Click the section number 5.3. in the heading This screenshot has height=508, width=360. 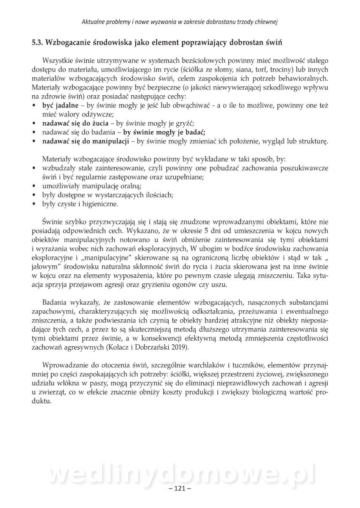(x=37, y=42)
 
